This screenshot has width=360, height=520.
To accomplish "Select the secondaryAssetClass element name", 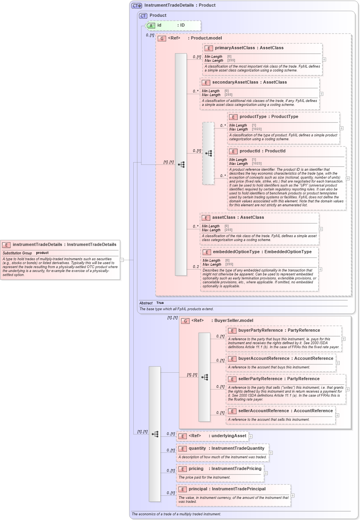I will click(x=235, y=82).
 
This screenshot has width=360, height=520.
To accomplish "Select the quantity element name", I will click(x=197, y=449).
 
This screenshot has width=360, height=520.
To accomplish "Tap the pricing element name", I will click(x=196, y=469).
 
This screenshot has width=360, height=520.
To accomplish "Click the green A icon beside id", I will click(x=151, y=25).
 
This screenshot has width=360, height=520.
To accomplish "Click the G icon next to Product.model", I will click(x=162, y=38).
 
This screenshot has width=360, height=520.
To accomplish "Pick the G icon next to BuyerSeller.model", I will click(x=185, y=321).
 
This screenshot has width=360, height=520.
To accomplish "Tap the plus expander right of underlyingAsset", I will click(x=251, y=436).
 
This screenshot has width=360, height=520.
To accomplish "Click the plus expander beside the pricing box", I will click(x=266, y=473).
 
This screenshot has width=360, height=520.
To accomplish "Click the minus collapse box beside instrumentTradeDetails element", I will click(x=122, y=259).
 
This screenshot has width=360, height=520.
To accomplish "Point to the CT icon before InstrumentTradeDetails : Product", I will click(x=136, y=5).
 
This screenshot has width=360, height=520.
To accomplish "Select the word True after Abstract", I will click(x=160, y=303).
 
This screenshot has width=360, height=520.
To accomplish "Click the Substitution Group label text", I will click(x=17, y=253).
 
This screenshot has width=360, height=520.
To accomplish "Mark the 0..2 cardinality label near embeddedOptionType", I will click(x=196, y=267).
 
